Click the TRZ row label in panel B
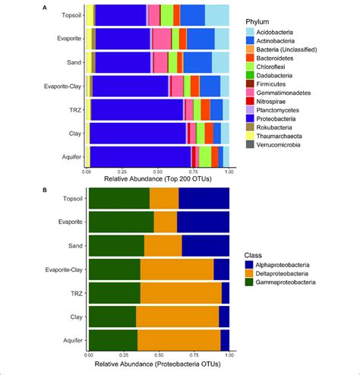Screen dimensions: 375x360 coord(74,291)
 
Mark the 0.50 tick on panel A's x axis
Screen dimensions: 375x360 coord(158,172)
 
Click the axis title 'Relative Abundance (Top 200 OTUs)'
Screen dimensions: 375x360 coord(159,181)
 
